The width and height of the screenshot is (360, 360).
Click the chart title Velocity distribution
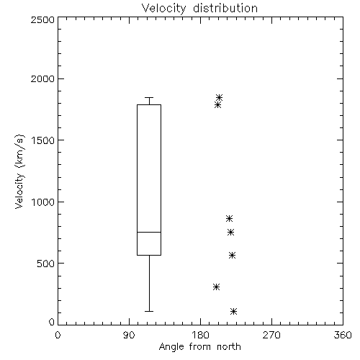[x=199, y=8]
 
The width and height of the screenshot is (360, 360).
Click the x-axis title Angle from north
[x=200, y=347]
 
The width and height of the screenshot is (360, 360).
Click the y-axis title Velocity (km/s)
[x=19, y=171]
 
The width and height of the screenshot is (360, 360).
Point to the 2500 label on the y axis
[x=42, y=19]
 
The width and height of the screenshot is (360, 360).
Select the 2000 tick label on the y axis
[x=42, y=78]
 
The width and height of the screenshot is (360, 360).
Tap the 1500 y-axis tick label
[x=43, y=140]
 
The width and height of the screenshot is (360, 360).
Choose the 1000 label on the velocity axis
[x=43, y=202]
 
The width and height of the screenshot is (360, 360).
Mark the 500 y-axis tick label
[x=46, y=264]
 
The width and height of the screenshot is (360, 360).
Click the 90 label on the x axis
[x=129, y=335]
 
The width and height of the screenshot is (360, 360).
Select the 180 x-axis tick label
[x=200, y=335]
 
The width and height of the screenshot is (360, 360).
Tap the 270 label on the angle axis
[x=271, y=335]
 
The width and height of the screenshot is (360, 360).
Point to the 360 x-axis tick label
[x=343, y=335]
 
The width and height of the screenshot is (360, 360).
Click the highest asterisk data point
[x=219, y=97]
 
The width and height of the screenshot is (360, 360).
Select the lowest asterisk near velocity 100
[x=233, y=312]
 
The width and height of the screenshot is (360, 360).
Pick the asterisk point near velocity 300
[x=216, y=287]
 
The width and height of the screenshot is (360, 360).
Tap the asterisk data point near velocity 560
[x=232, y=255]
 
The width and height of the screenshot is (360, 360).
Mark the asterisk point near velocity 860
[x=229, y=218]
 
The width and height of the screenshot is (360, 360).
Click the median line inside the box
[x=149, y=232]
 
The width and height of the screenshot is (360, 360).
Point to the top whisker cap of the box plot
[x=149, y=97]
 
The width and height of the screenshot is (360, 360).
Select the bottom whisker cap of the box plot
[x=149, y=311]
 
